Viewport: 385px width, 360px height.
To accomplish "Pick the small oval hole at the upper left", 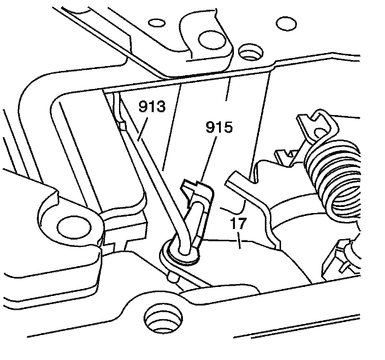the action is pyautogui.click(x=153, y=20).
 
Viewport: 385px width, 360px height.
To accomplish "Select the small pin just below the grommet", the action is pyautogui.click(x=174, y=277).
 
